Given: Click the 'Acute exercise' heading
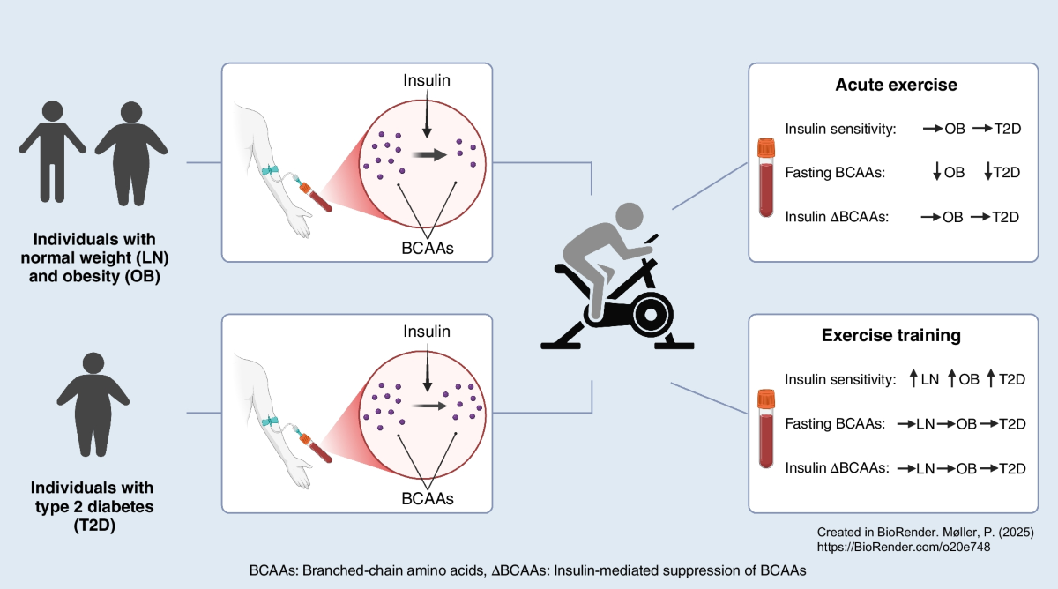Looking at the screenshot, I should pyautogui.click(x=896, y=86).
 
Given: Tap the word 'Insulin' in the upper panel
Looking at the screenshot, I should pyautogui.click(x=427, y=80).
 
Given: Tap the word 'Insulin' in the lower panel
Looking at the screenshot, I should pyautogui.click(x=427, y=332).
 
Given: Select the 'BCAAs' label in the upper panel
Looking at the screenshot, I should pyautogui.click(x=427, y=248).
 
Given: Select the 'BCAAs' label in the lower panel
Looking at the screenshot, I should pyautogui.click(x=427, y=498).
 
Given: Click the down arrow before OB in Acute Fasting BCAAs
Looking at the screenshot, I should pyautogui.click(x=936, y=172).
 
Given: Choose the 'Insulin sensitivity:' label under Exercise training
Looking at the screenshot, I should pyautogui.click(x=840, y=379).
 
